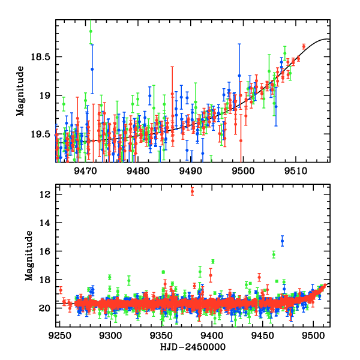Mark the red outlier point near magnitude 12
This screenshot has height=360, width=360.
click(192, 191)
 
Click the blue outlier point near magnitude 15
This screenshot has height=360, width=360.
click(282, 241)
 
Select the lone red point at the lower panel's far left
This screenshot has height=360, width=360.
click(60, 290)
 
